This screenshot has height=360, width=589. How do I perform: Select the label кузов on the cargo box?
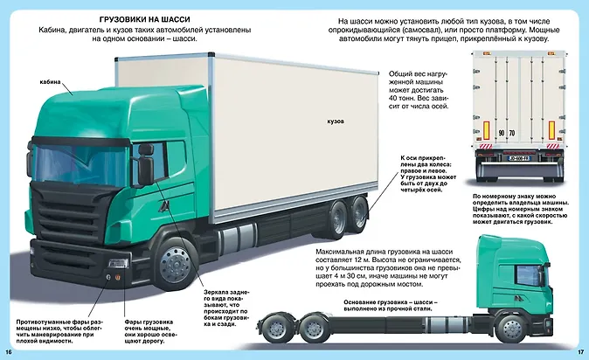[x=336, y=120]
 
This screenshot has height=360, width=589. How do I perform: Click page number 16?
[x=9, y=351]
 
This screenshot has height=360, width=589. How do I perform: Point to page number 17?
[x=580, y=351]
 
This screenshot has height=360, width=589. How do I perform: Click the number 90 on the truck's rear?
[x=500, y=132]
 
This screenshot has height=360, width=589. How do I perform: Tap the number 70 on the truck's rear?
[x=511, y=132]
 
